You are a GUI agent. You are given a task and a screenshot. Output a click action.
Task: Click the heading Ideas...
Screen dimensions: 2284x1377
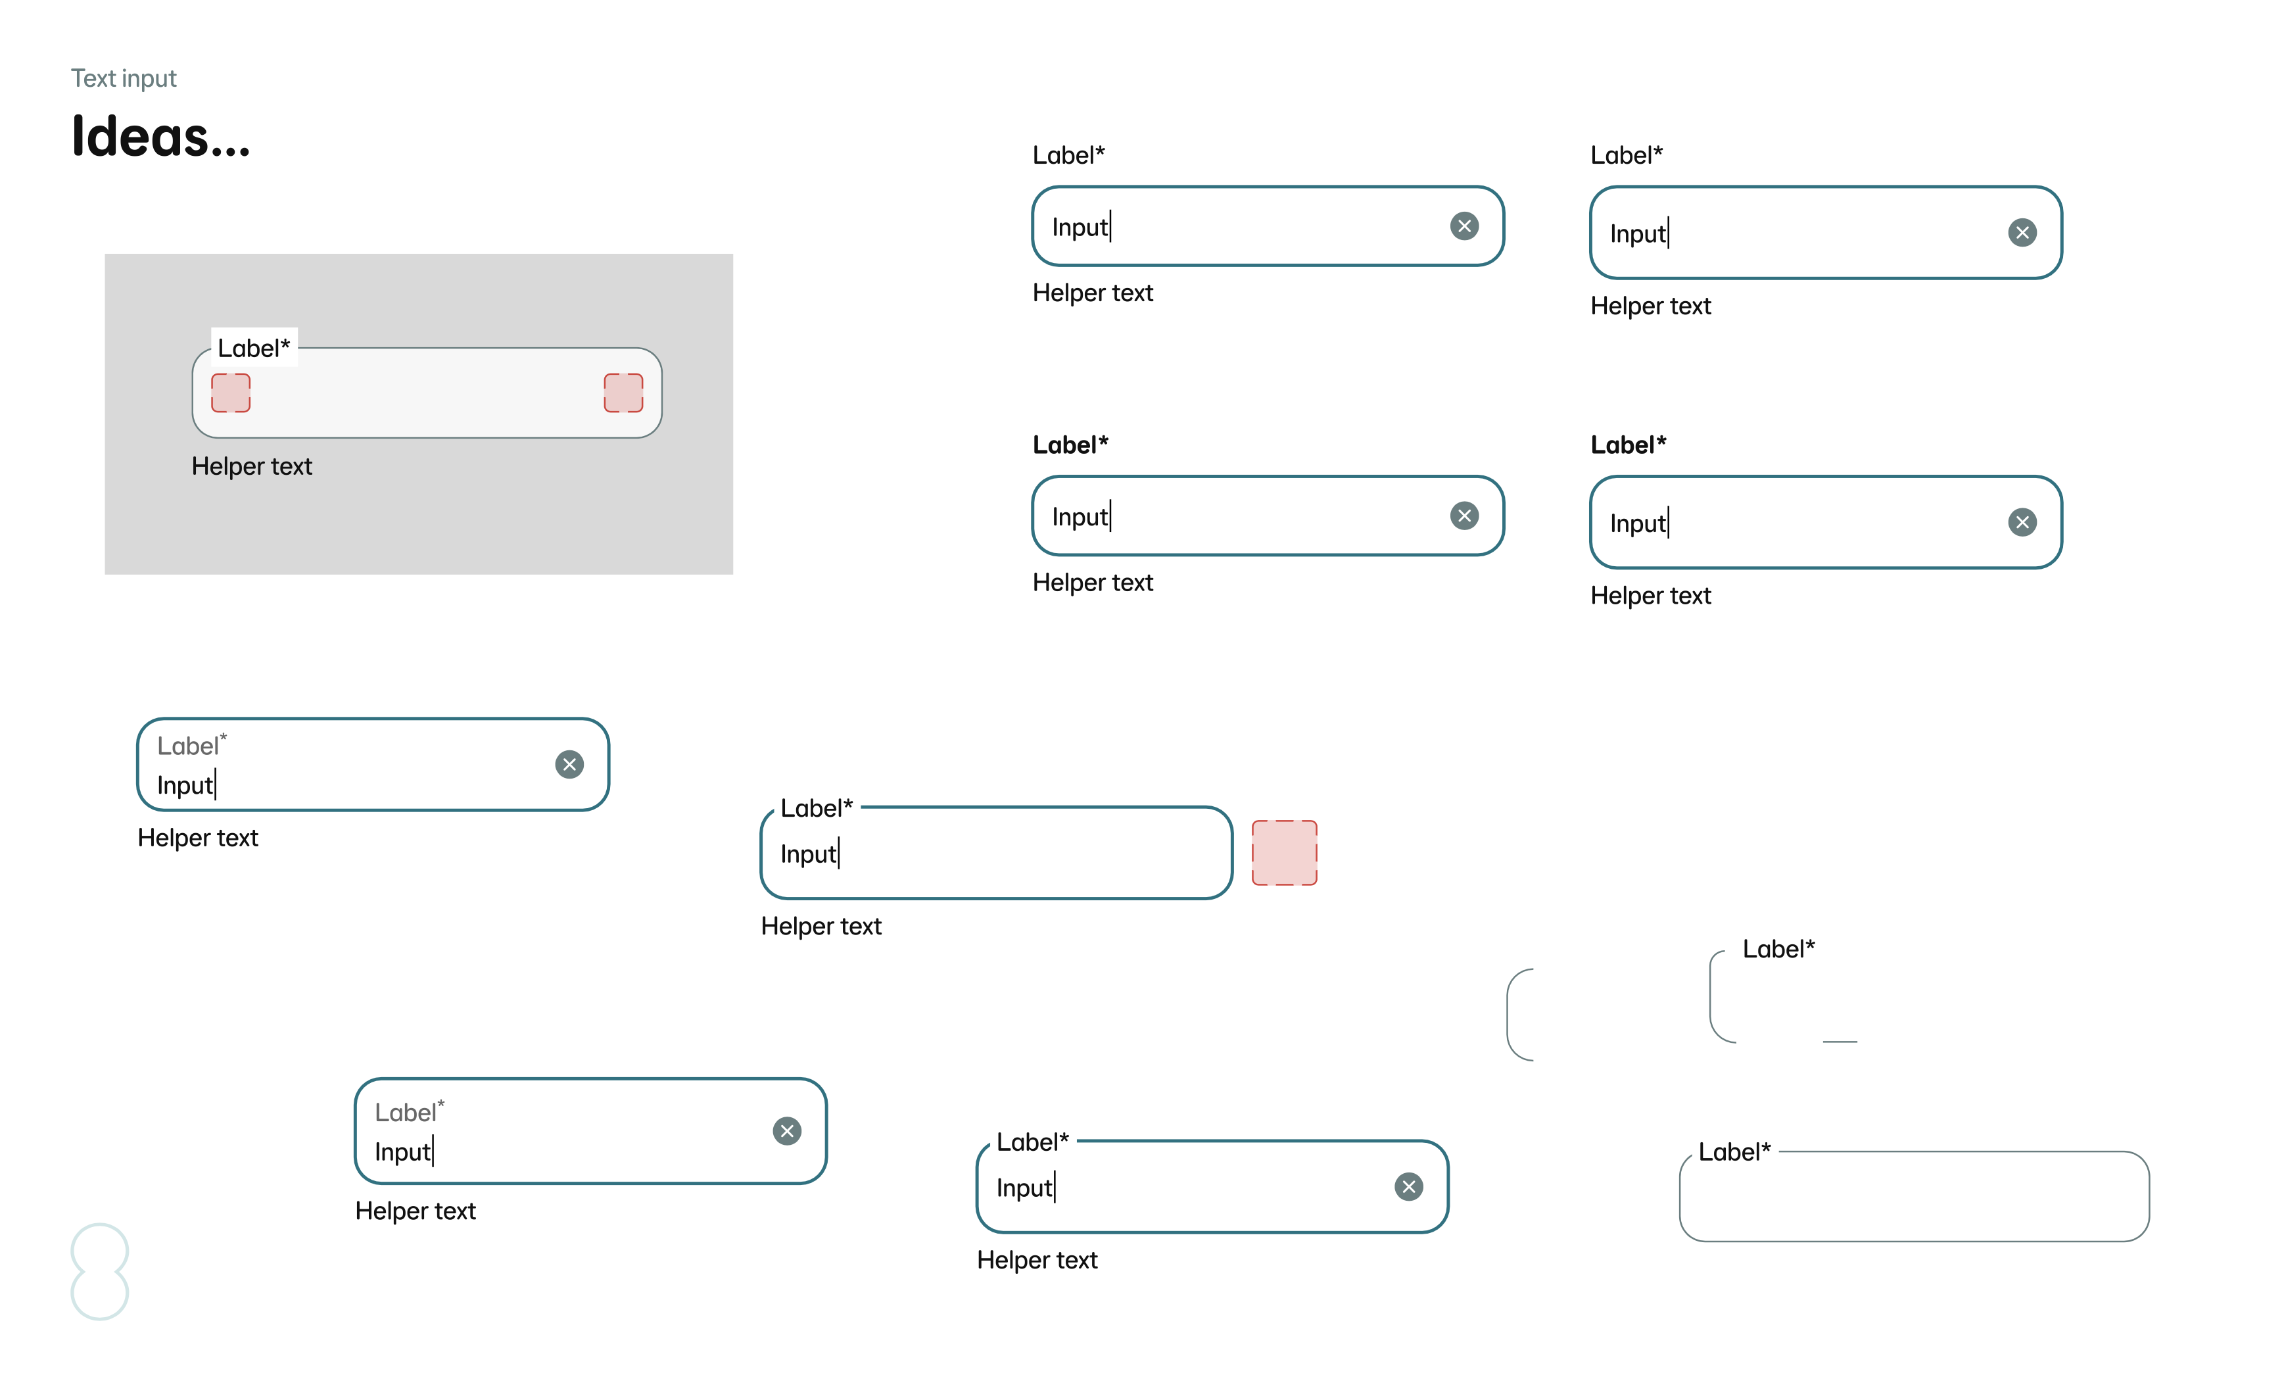tap(160, 136)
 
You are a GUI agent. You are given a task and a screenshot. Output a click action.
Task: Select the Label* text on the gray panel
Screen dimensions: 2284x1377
tap(254, 348)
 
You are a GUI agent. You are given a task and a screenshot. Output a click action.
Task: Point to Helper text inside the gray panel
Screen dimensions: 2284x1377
tap(252, 466)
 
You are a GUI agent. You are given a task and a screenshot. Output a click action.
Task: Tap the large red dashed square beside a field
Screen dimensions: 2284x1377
tap(1284, 852)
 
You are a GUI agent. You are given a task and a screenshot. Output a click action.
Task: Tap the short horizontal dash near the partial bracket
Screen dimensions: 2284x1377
tap(1840, 1042)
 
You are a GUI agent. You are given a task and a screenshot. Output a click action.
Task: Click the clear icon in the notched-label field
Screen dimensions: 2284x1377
tap(1409, 1186)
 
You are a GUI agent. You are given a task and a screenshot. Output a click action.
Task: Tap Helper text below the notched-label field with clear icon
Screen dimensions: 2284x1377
tap(1037, 1259)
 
